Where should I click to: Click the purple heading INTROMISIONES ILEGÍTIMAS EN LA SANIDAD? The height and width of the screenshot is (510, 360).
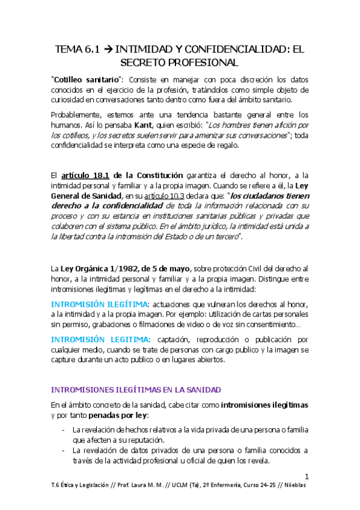click(136, 389)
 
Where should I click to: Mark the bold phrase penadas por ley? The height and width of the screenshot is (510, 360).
click(117, 414)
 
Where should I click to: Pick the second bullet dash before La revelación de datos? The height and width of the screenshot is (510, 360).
click(64, 450)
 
